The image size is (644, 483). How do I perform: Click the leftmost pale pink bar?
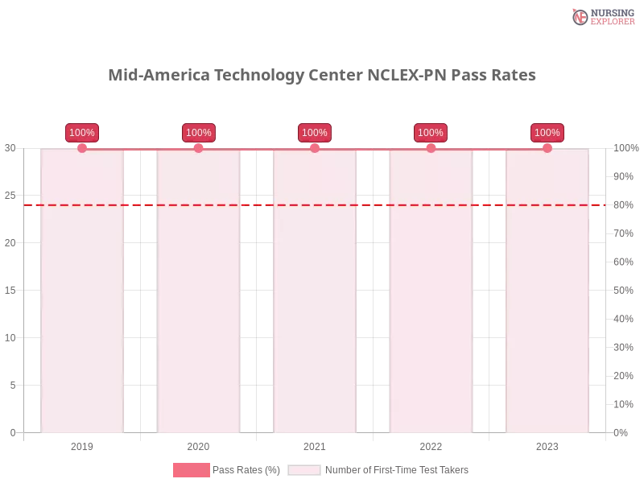[83, 306]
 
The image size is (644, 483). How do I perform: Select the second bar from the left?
[199, 306]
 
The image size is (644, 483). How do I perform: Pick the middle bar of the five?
[315, 306]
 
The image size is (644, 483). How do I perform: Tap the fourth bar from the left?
[431, 306]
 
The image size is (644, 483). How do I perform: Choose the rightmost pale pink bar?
[547, 306]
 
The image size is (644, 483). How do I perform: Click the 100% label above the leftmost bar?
[82, 133]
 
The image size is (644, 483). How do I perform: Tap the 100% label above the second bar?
[198, 133]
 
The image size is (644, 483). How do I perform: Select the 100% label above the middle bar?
[315, 133]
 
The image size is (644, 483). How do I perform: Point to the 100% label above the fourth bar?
[431, 133]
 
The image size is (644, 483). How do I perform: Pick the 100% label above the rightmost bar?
[547, 133]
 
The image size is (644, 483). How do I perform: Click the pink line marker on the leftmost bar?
[82, 148]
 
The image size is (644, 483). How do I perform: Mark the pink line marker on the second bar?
[198, 148]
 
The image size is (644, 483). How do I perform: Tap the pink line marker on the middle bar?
[315, 148]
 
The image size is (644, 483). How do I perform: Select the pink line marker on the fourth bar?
[431, 148]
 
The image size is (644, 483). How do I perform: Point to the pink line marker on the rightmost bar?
[547, 148]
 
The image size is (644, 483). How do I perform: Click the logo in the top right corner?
[601, 16]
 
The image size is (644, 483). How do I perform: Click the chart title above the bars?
[322, 76]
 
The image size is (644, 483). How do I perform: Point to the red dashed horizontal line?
[142, 204]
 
